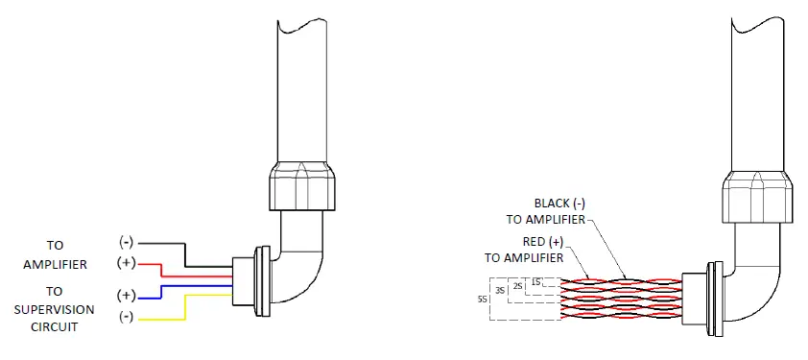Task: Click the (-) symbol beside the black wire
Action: coord(126,243)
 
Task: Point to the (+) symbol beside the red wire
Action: coord(126,262)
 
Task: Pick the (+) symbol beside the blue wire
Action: coord(126,295)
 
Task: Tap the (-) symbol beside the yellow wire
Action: coord(126,316)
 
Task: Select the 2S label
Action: coord(518,285)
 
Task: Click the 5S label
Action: coord(483,299)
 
